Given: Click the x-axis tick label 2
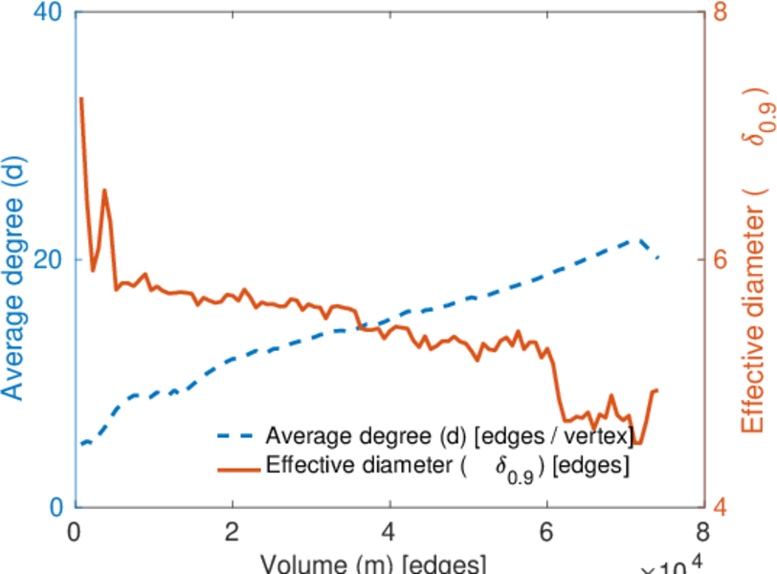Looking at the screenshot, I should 232,532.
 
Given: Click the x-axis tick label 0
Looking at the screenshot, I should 75,532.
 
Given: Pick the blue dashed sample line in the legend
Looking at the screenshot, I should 236,436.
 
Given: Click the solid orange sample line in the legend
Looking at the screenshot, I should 236,468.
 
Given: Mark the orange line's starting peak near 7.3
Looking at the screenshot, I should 81,98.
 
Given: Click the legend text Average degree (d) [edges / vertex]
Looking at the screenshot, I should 450,436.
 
